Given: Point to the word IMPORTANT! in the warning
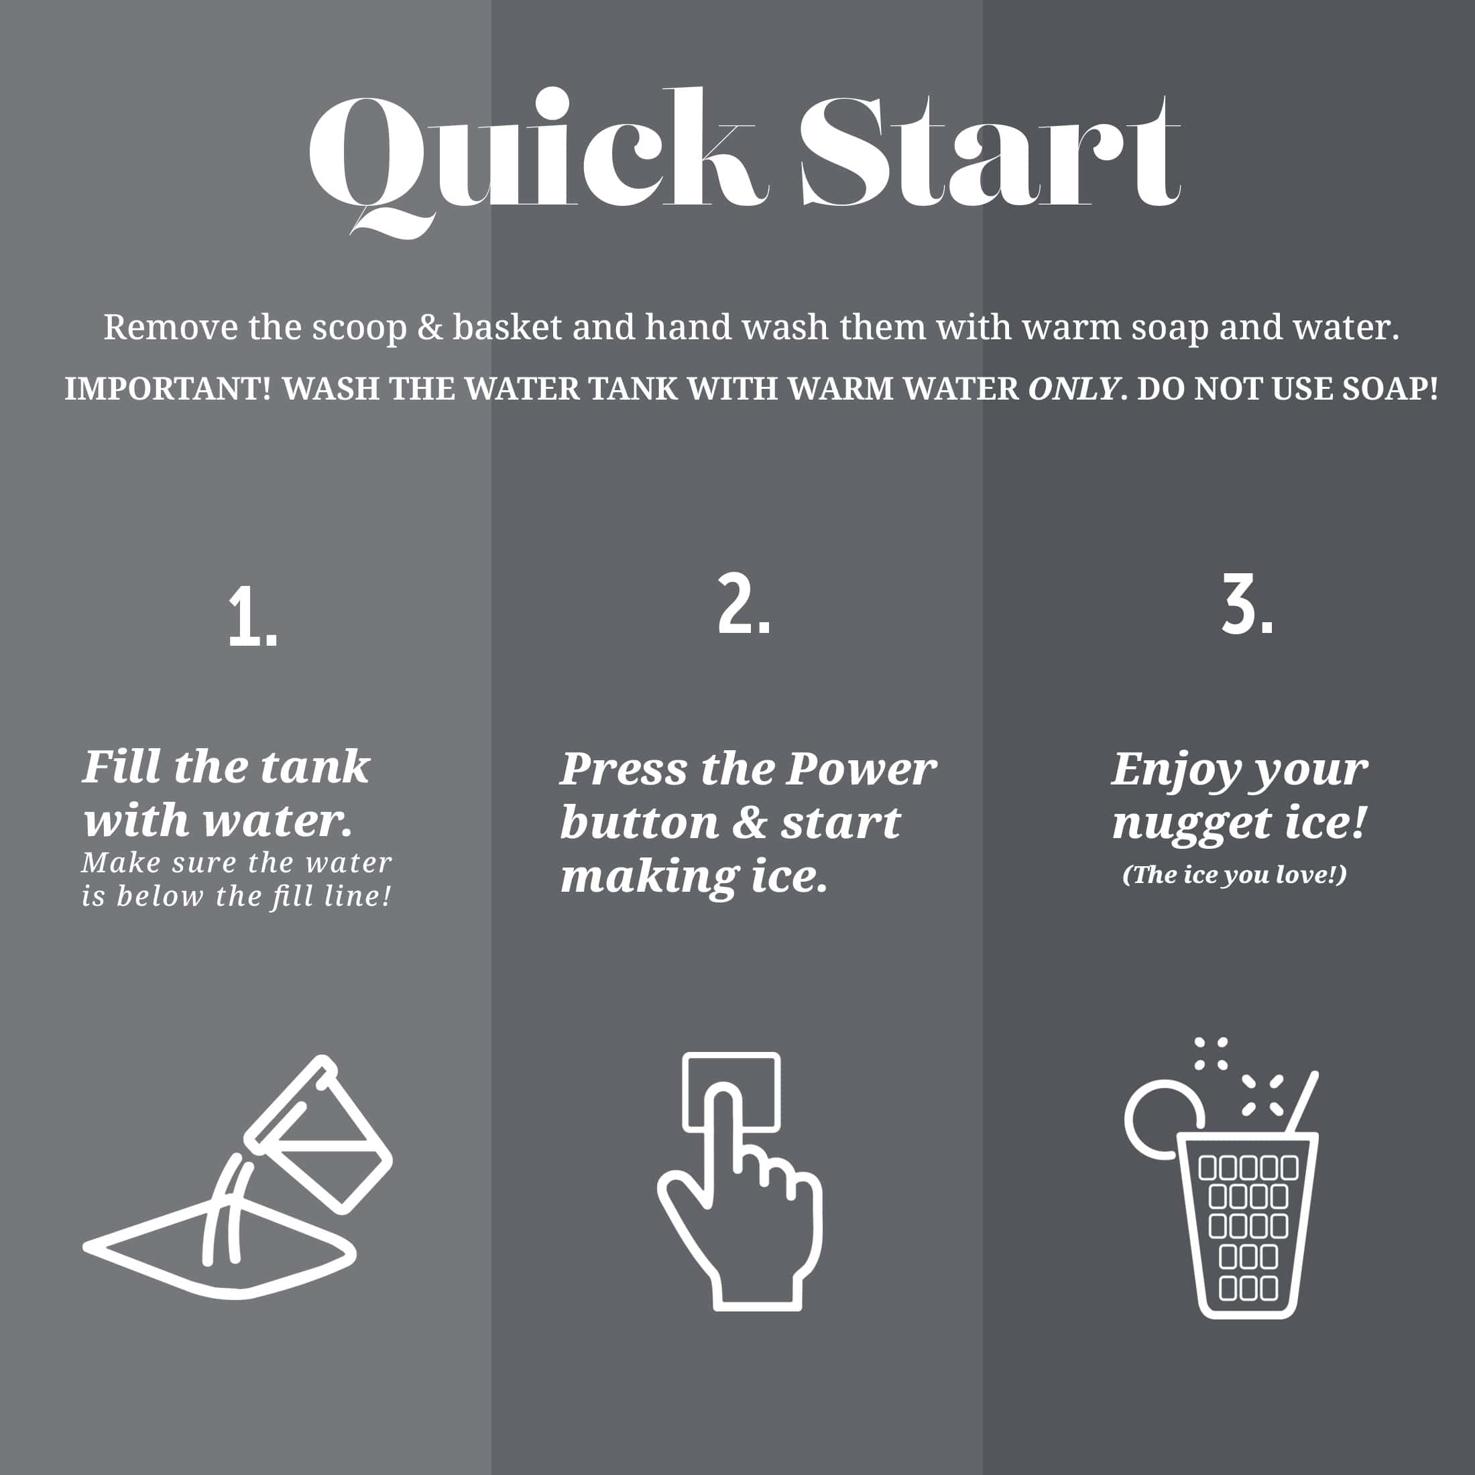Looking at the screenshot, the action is tap(167, 389).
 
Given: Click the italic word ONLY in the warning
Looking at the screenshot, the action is tap(1073, 389).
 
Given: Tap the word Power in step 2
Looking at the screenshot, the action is tap(861, 769).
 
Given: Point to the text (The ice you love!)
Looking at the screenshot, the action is tap(1234, 875).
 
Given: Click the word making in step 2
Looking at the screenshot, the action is tap(650, 877).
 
